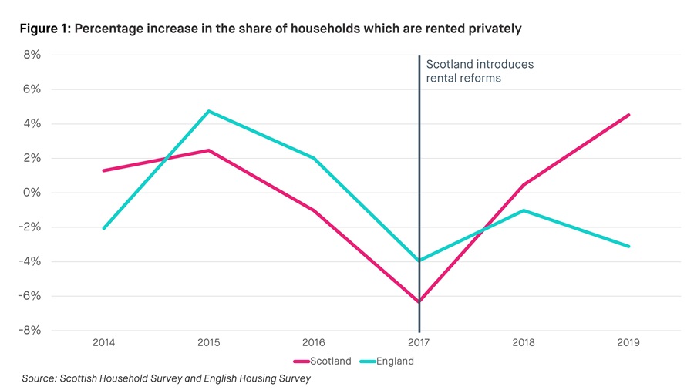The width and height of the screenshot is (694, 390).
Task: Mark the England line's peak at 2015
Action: point(208,111)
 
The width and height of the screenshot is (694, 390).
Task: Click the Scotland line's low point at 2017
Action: point(419,302)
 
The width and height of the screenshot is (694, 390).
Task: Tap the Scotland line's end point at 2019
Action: point(629,115)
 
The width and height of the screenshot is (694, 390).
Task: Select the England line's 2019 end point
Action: point(629,247)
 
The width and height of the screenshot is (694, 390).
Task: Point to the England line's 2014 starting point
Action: point(103,228)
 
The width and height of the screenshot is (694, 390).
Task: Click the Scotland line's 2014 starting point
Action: point(103,170)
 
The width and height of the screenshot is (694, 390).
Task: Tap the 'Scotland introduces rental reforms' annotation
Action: point(480,72)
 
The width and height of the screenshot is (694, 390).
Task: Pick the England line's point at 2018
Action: point(524,210)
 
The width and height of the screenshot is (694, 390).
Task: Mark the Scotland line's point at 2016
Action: point(314,210)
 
